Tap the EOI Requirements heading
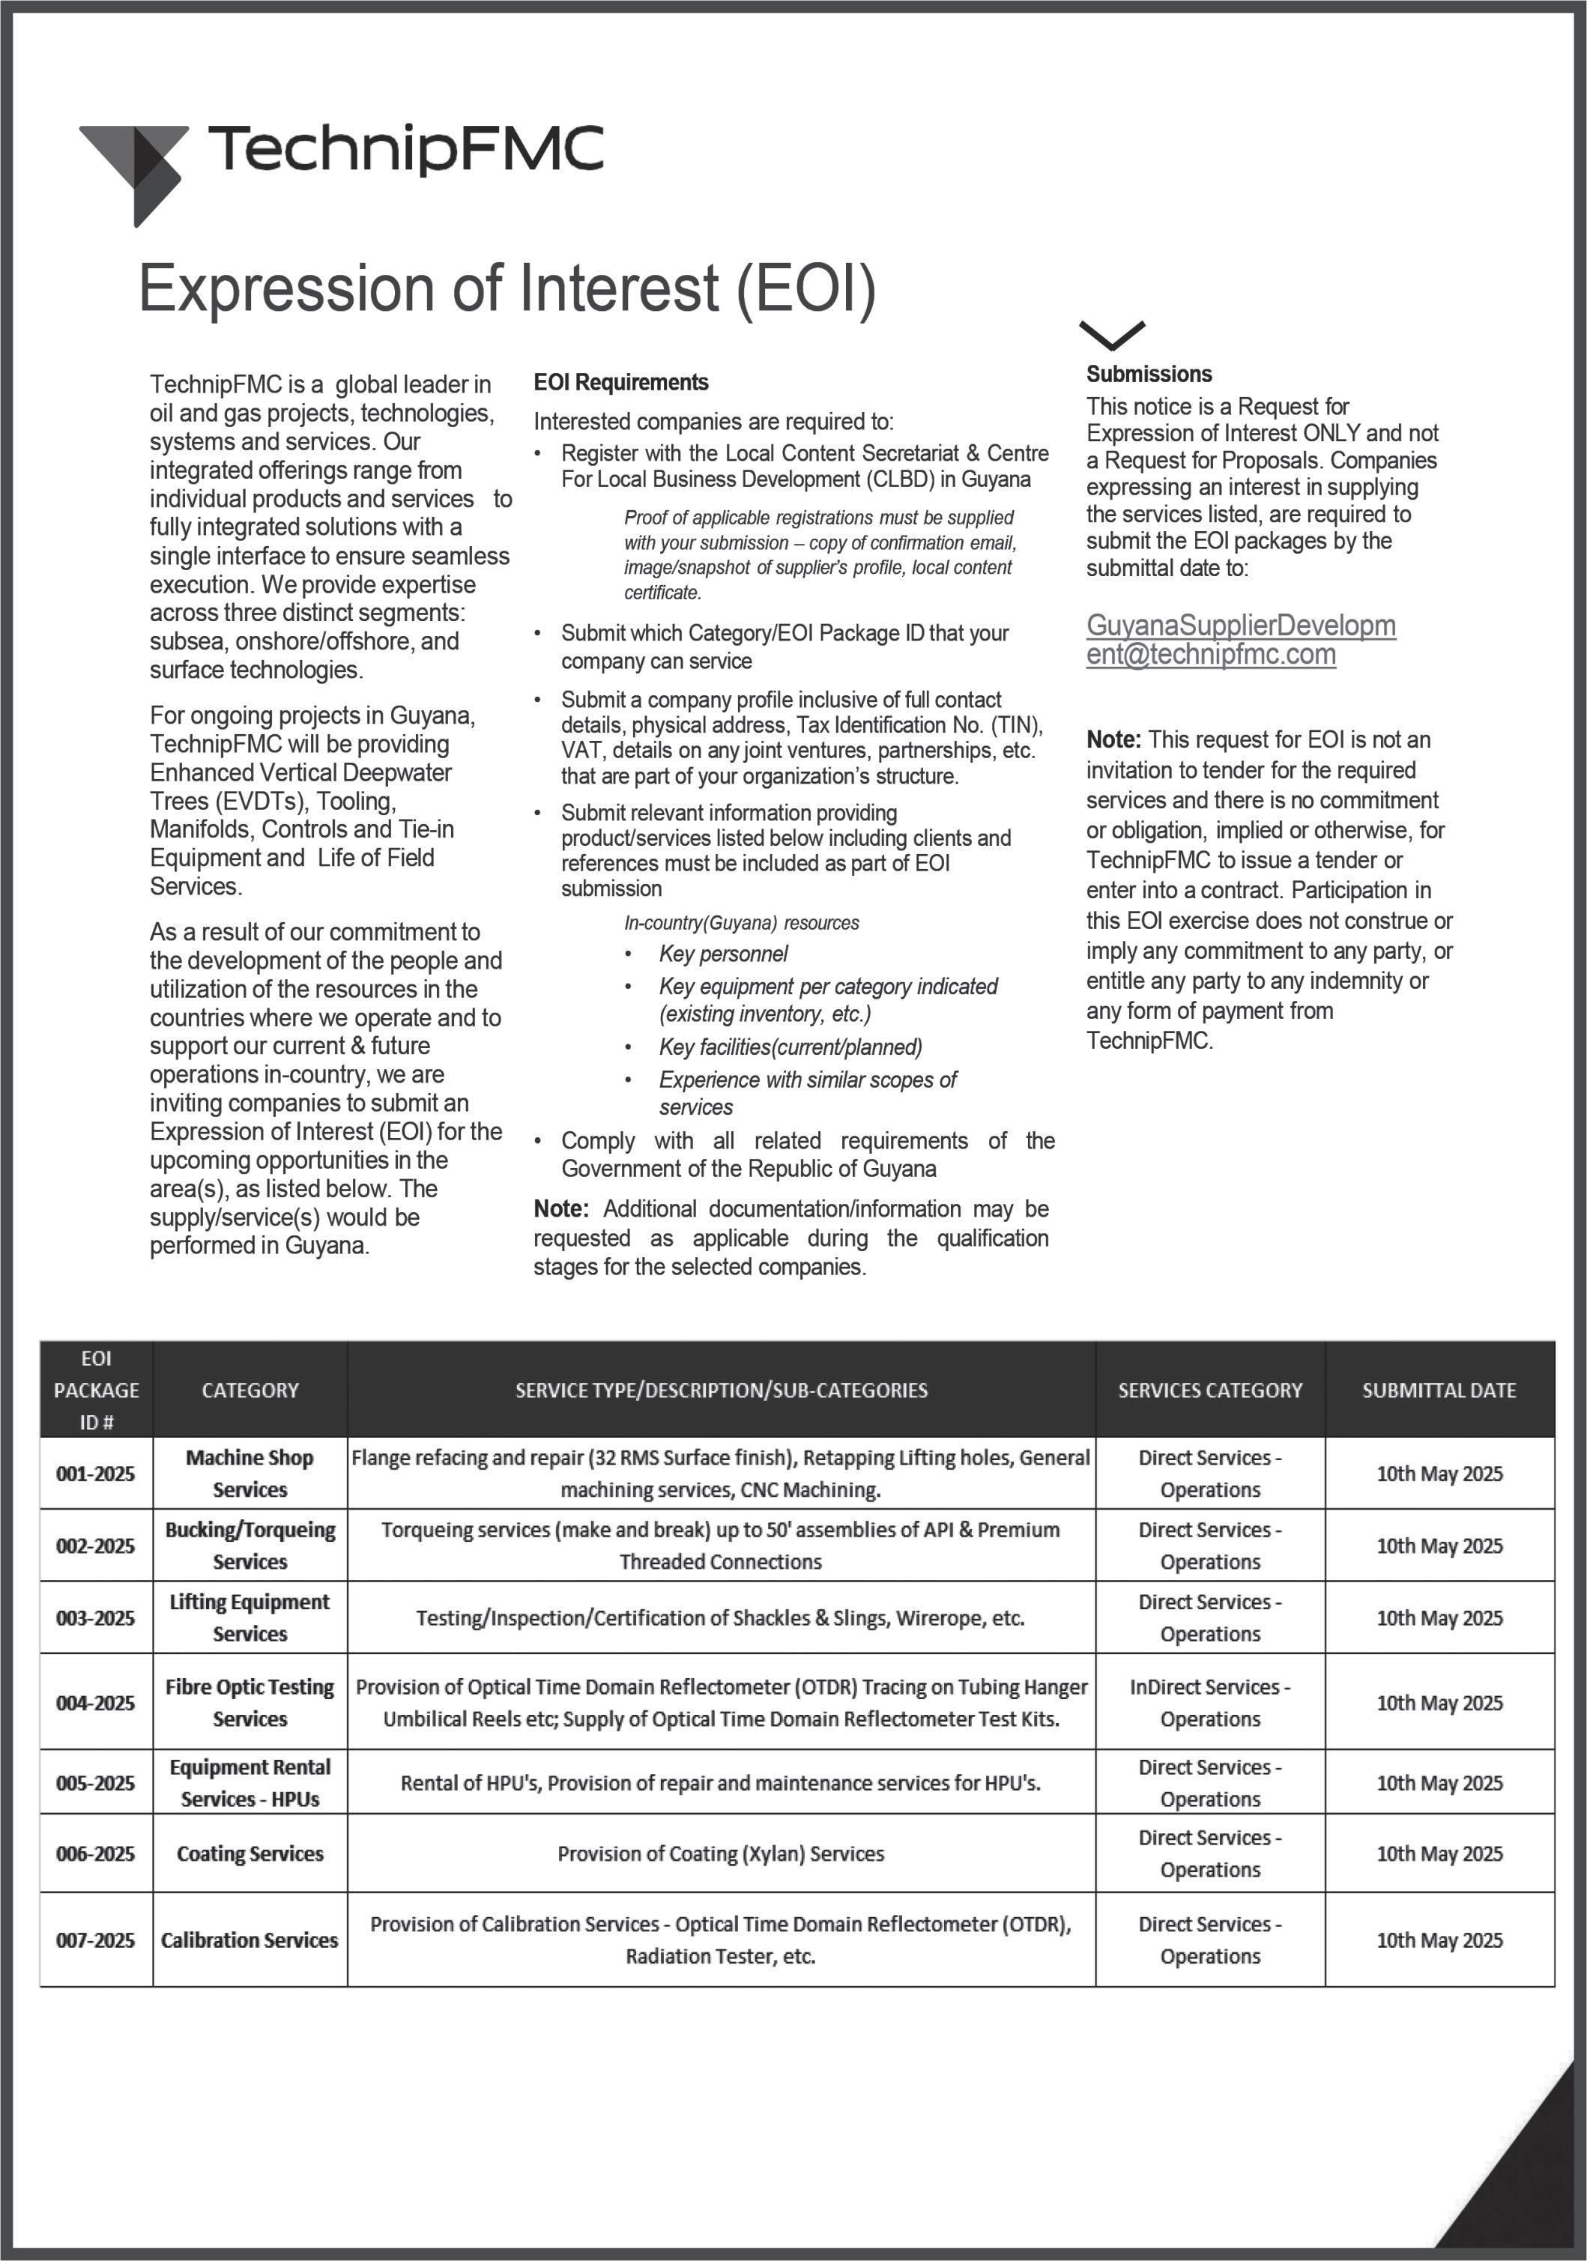point(620,382)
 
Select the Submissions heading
point(1149,374)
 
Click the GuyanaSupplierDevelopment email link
point(1240,639)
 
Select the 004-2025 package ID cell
point(96,1703)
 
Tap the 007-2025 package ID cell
point(96,1940)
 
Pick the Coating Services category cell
point(250,1853)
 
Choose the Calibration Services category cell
point(250,1940)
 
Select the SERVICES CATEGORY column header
point(1209,1390)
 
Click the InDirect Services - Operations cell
point(1209,1703)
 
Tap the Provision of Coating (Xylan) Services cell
point(721,1853)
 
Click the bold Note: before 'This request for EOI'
point(1113,739)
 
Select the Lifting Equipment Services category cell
point(250,1618)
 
